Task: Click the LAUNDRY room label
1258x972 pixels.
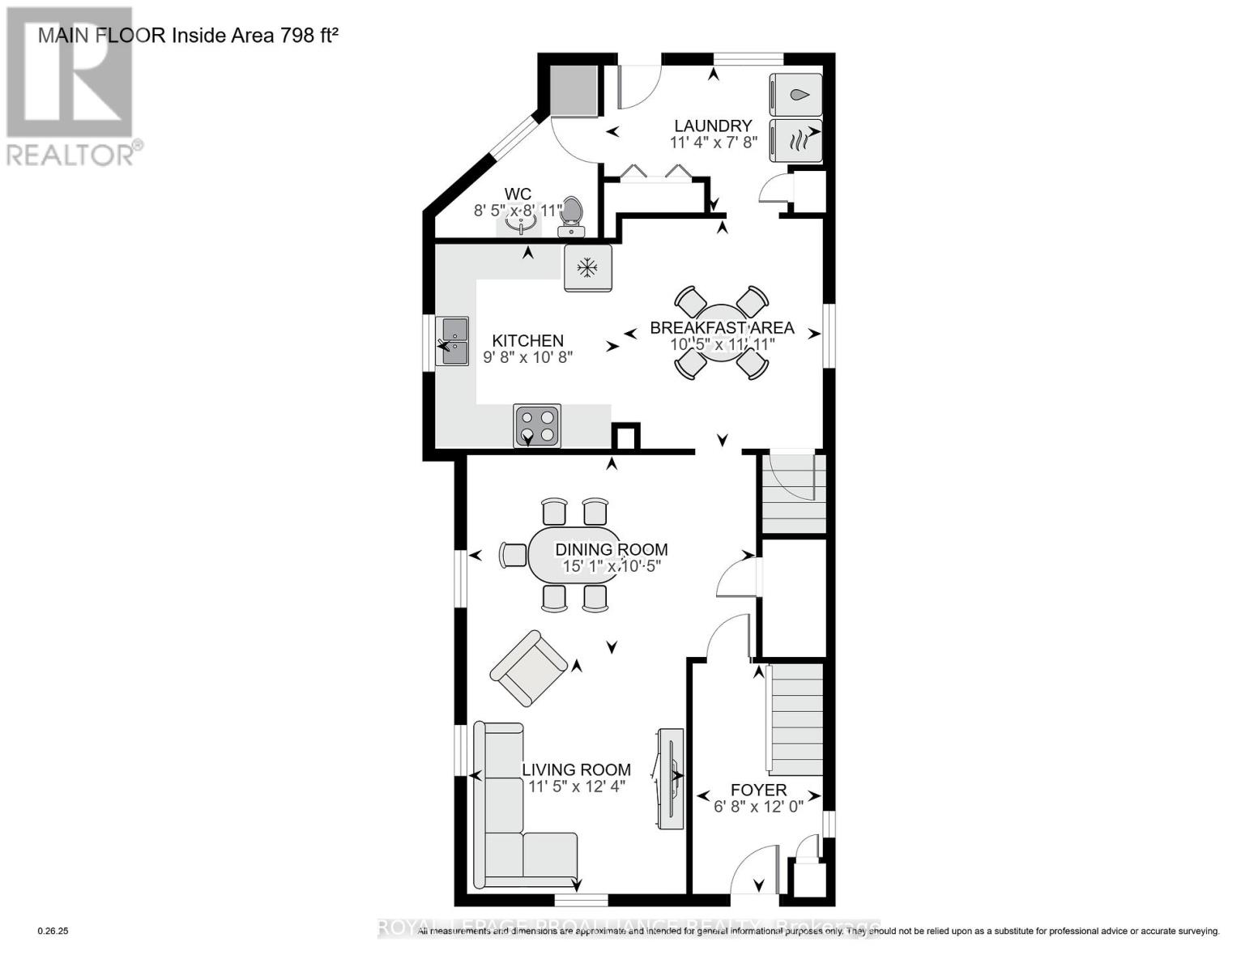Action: point(713,126)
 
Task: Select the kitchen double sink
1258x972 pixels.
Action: point(452,341)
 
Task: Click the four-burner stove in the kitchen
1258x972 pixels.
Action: point(537,426)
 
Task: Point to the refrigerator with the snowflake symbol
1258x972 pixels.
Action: point(587,267)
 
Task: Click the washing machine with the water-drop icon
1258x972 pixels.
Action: point(795,95)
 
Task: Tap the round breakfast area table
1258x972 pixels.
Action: point(721,332)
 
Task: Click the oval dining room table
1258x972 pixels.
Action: point(575,556)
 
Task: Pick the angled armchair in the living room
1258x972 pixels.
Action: point(530,668)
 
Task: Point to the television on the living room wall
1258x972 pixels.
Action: point(671,778)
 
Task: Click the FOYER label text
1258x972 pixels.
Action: point(758,790)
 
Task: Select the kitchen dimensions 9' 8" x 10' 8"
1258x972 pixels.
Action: point(528,356)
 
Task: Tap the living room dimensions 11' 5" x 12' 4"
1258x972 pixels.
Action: point(577,786)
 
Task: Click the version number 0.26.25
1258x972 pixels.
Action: point(53,932)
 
